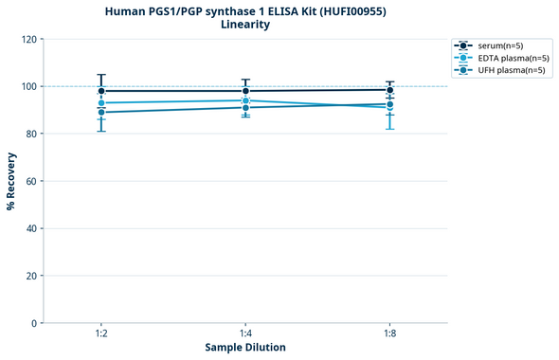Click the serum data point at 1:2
[101, 91]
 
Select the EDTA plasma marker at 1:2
[101, 102]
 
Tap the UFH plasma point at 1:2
[101, 112]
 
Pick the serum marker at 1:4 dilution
[245, 91]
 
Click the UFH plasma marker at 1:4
[245, 107]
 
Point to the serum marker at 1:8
[389, 90]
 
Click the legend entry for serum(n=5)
[497, 45]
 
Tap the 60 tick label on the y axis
[32, 181]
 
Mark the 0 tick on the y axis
[35, 323]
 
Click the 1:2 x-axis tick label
[101, 334]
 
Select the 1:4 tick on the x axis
[245, 334]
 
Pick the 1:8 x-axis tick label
[389, 334]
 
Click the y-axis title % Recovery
[11, 181]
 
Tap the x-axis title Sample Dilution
[245, 348]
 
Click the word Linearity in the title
[245, 25]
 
